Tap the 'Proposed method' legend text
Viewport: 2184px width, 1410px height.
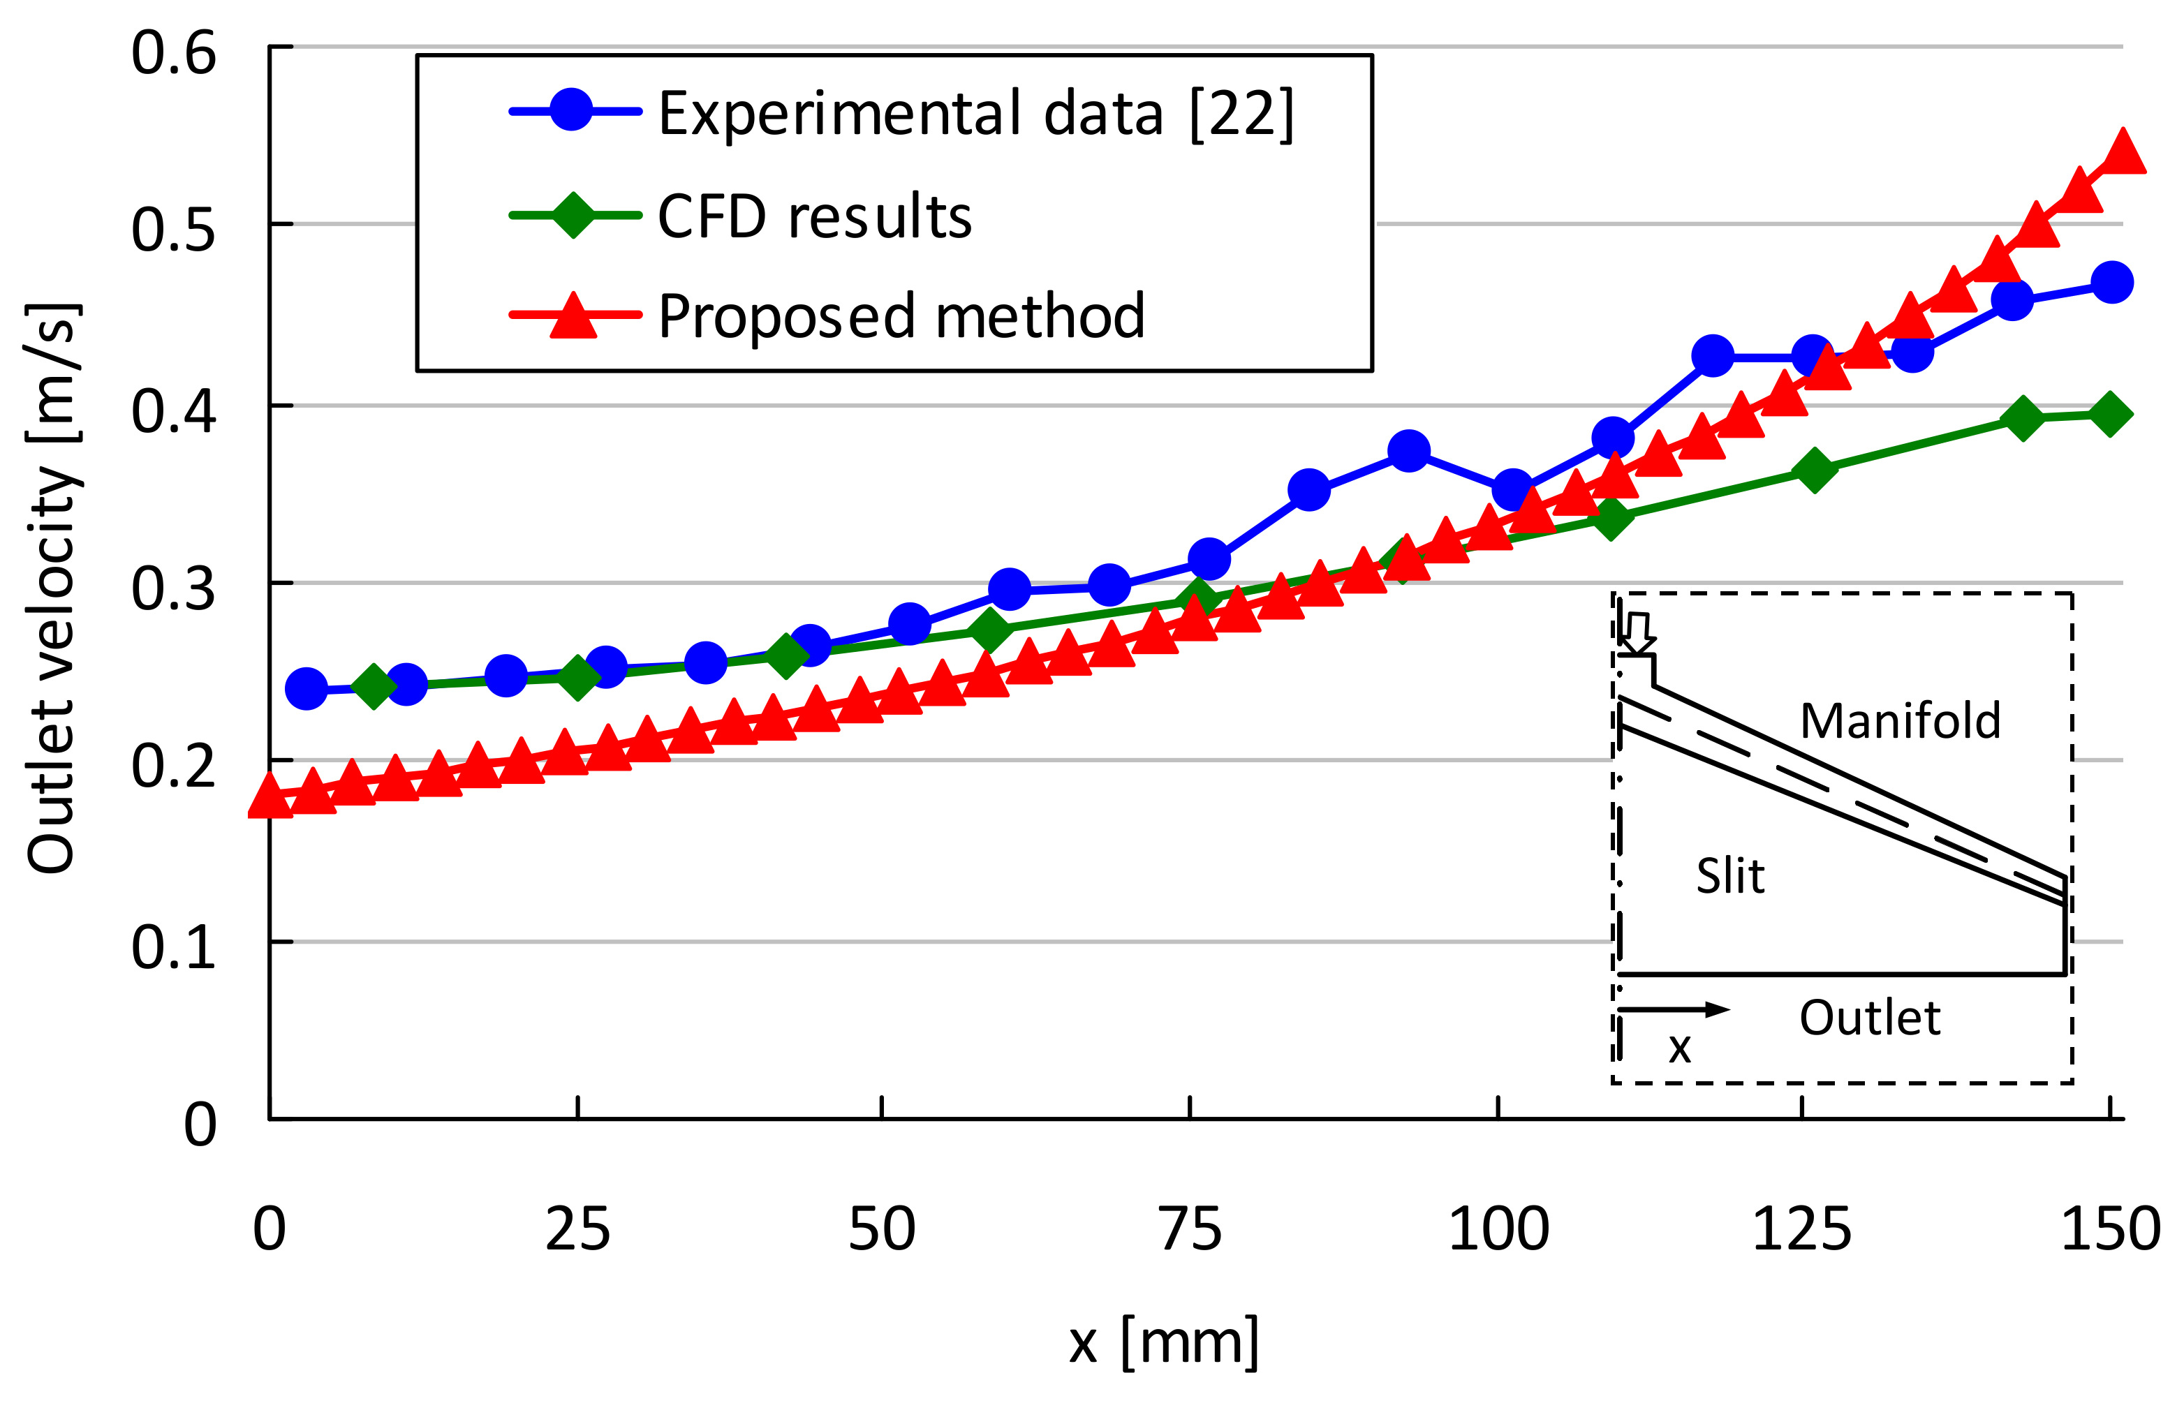901,316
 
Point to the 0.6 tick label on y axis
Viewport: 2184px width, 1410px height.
173,52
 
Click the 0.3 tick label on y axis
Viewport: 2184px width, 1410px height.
173,588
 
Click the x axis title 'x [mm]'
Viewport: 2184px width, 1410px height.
1163,1342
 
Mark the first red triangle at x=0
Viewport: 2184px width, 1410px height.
270,796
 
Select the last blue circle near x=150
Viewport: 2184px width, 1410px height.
2111,282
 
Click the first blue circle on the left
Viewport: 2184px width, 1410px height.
307,688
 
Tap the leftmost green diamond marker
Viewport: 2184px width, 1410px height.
373,685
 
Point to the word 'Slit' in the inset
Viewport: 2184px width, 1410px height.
1729,875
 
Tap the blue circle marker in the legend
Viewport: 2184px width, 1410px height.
571,110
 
